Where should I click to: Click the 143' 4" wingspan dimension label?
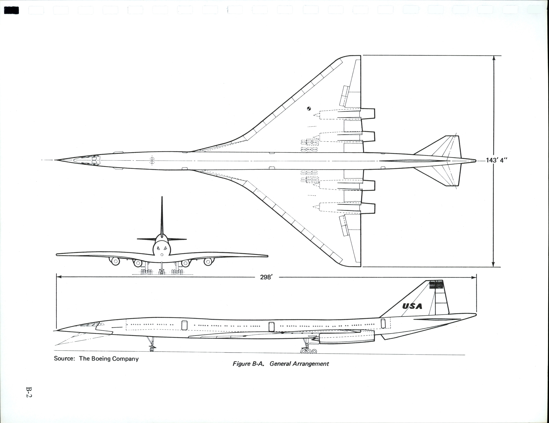pos(497,160)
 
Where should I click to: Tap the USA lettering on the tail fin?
pos(412,306)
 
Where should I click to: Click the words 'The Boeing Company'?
pos(109,359)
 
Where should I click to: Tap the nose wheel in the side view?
pos(152,349)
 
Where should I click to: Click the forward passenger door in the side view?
pos(184,325)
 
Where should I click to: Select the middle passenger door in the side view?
pos(271,327)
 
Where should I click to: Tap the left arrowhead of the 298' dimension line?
pos(59,277)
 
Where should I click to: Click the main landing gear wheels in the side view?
pos(309,351)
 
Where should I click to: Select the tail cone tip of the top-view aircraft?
pos(475,161)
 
